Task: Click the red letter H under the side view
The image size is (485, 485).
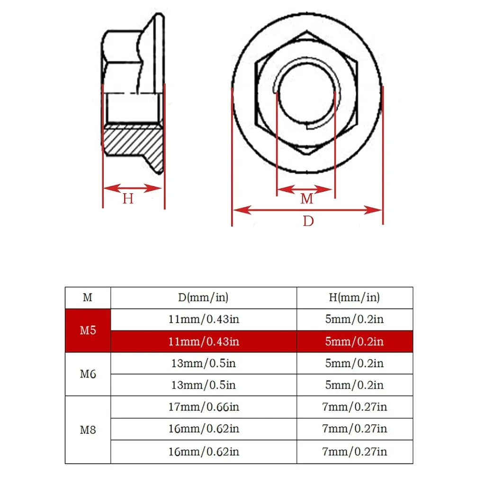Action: pyautogui.click(x=128, y=198)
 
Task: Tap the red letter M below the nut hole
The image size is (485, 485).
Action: pyautogui.click(x=307, y=199)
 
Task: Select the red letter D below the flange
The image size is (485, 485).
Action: pyautogui.click(x=308, y=221)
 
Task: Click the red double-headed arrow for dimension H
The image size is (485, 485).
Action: pyautogui.click(x=133, y=188)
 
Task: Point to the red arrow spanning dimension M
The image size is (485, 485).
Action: pyautogui.click(x=305, y=189)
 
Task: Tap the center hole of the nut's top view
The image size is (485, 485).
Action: pyautogui.click(x=305, y=92)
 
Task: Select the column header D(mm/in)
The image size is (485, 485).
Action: pyautogui.click(x=204, y=297)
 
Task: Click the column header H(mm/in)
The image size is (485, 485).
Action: pyautogui.click(x=354, y=297)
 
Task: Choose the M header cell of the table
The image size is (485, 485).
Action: pyautogui.click(x=88, y=297)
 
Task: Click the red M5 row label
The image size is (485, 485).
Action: pyautogui.click(x=88, y=330)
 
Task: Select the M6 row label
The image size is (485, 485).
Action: pyautogui.click(x=88, y=374)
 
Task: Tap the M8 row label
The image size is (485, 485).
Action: pyautogui.click(x=88, y=430)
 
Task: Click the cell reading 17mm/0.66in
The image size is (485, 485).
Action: pyautogui.click(x=204, y=407)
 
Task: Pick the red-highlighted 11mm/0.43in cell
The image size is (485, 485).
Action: pyautogui.click(x=204, y=341)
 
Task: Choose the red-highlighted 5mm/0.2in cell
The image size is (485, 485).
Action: pyautogui.click(x=354, y=341)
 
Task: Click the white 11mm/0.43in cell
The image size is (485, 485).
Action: pyautogui.click(x=204, y=319)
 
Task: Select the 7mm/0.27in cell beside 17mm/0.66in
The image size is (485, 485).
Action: pyautogui.click(x=354, y=407)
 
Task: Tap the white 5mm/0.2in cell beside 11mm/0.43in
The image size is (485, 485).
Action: pyautogui.click(x=354, y=319)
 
